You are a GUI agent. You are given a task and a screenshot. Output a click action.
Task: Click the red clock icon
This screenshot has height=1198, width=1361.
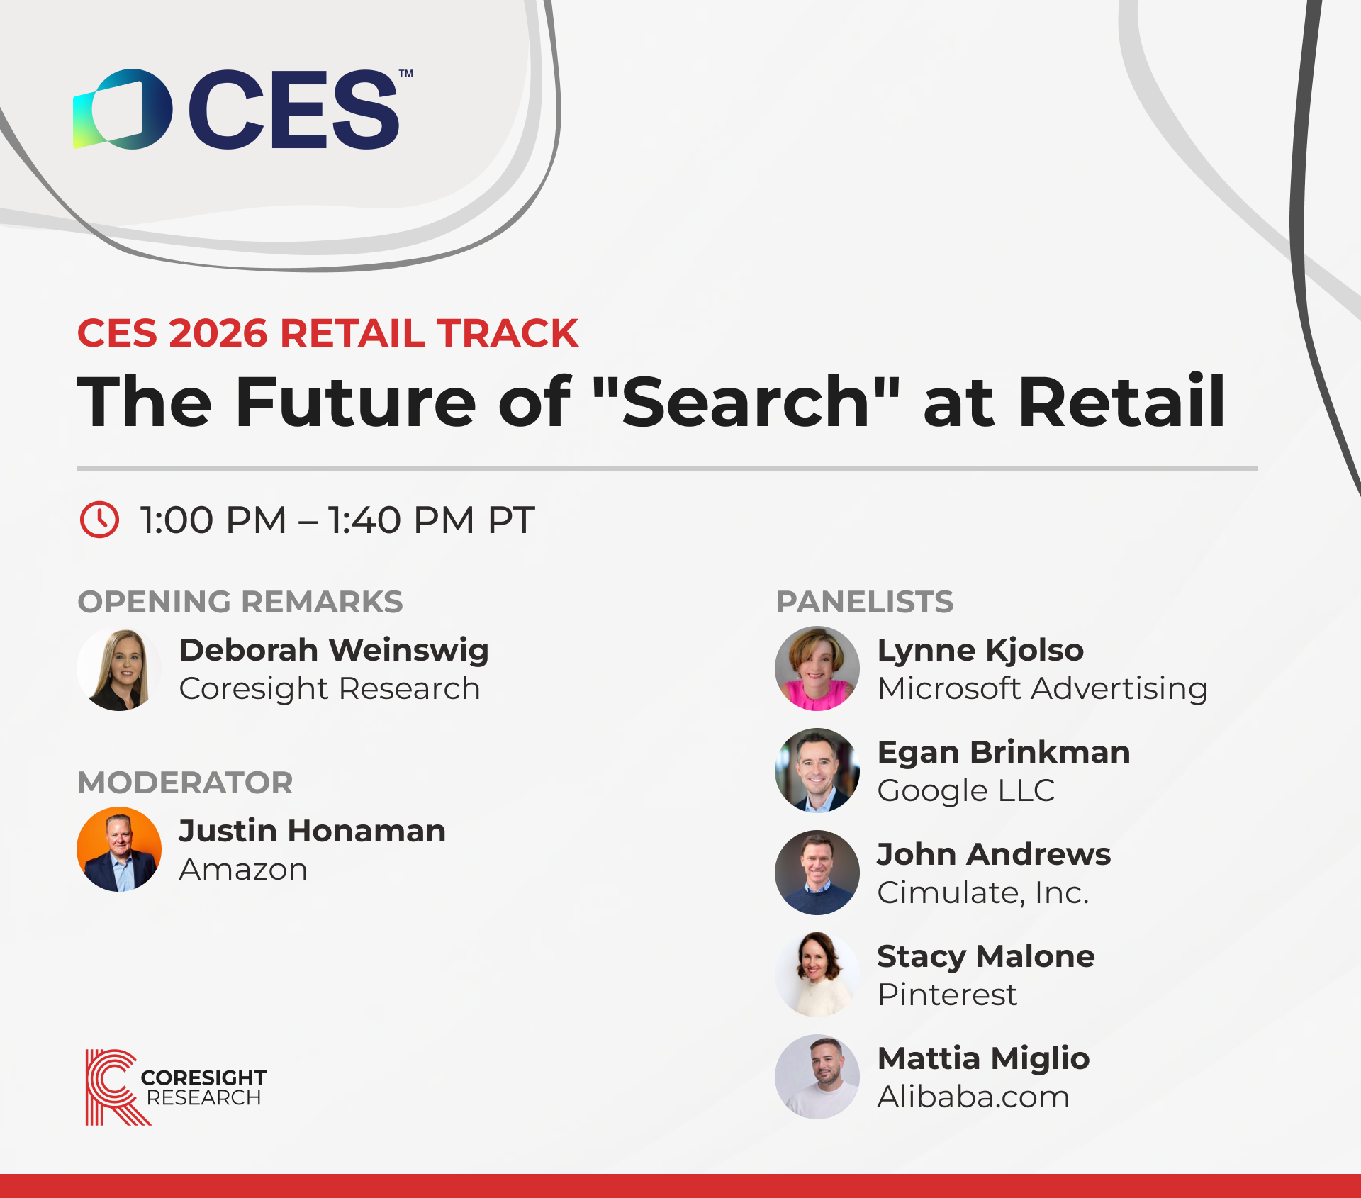click(x=99, y=520)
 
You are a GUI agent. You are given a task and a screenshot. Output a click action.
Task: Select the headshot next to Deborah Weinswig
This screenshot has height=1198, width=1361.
click(x=119, y=668)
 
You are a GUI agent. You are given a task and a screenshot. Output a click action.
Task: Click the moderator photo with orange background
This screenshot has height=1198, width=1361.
click(x=119, y=849)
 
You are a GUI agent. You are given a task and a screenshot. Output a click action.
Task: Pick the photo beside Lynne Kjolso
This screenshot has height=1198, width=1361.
click(x=817, y=668)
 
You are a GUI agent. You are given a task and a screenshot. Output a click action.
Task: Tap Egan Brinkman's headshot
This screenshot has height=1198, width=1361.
click(x=817, y=771)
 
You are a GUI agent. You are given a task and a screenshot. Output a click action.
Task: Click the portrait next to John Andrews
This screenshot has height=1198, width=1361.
click(x=817, y=873)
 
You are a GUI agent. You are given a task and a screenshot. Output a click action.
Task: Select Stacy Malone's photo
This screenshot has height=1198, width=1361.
click(x=817, y=975)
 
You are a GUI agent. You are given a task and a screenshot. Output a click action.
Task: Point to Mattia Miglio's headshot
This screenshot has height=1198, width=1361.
click(x=817, y=1077)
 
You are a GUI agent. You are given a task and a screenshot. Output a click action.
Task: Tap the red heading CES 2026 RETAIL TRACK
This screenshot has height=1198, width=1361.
click(x=327, y=333)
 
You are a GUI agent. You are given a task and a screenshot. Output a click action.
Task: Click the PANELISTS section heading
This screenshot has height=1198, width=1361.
click(x=865, y=602)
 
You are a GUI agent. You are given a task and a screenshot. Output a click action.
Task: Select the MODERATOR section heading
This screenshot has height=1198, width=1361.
click(x=185, y=783)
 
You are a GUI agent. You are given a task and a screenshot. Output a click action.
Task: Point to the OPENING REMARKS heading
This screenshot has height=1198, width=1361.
click(x=240, y=602)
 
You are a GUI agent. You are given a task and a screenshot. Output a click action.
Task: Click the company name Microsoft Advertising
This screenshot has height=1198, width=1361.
click(x=1043, y=688)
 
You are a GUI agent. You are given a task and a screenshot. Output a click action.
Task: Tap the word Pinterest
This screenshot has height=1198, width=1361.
click(x=947, y=995)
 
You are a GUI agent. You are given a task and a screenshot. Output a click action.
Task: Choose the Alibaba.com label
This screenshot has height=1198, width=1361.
click(x=973, y=1097)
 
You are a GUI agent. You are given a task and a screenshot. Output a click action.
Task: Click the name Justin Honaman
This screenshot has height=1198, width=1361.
click(x=313, y=831)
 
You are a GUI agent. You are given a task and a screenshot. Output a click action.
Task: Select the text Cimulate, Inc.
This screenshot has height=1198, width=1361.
click(x=983, y=892)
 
